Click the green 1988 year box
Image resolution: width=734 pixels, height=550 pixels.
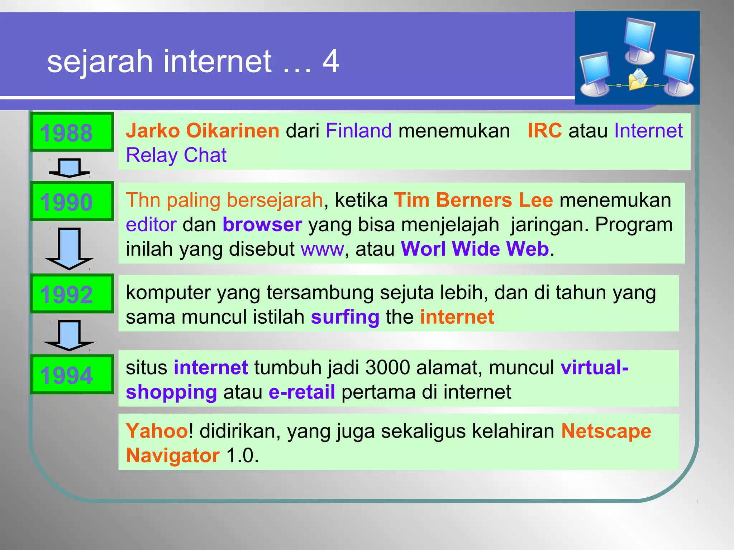(72, 132)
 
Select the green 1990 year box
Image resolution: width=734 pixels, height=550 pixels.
(72, 201)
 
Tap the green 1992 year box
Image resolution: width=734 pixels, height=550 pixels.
(72, 294)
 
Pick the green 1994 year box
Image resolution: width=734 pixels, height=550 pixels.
(72, 375)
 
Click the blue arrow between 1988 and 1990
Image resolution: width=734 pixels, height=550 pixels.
(70, 168)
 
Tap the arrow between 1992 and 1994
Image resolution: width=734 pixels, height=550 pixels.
(69, 335)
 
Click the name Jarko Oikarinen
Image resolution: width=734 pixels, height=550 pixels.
(202, 130)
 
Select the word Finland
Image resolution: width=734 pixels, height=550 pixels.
(359, 130)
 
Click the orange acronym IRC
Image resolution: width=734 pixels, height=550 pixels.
(544, 130)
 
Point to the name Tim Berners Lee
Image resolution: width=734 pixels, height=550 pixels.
(473, 200)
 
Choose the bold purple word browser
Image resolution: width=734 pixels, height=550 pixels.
(262, 225)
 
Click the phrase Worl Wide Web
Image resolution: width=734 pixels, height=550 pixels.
(475, 249)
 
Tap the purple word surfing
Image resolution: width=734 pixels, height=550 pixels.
(345, 317)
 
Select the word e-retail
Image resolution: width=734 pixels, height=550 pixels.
(302, 392)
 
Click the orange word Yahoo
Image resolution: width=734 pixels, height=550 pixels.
(157, 431)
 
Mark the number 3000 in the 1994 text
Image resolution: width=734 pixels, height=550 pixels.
(387, 367)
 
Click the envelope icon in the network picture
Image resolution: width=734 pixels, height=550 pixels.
(638, 79)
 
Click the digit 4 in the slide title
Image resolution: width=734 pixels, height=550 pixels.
(330, 61)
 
